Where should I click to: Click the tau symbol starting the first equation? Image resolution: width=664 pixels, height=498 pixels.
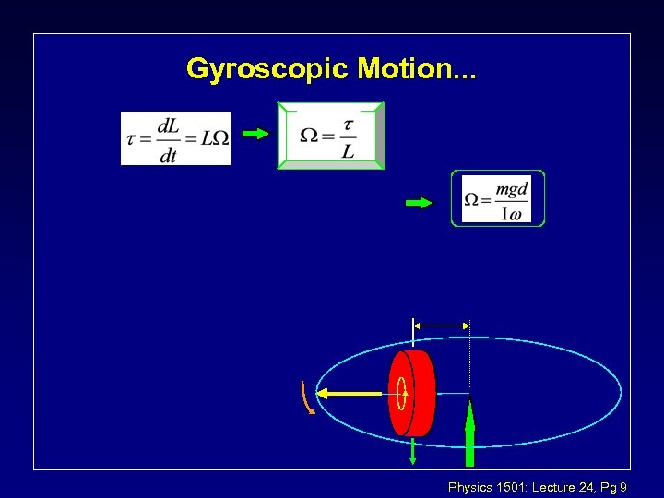point(131,139)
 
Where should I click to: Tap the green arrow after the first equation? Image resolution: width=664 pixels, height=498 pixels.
point(255,134)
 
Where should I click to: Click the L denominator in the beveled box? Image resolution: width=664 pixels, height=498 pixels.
point(347,150)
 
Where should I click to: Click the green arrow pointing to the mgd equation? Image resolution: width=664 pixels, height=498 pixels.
point(419,203)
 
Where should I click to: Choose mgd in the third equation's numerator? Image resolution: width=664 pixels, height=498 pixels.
point(511,188)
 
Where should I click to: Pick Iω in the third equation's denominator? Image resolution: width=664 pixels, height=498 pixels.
point(511,214)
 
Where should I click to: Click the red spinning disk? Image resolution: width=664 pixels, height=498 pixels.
point(420,393)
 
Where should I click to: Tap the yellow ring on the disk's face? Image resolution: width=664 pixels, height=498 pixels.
point(402,394)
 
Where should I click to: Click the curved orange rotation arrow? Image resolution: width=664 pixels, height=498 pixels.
point(307,397)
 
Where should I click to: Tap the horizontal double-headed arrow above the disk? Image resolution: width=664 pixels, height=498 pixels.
point(442,325)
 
